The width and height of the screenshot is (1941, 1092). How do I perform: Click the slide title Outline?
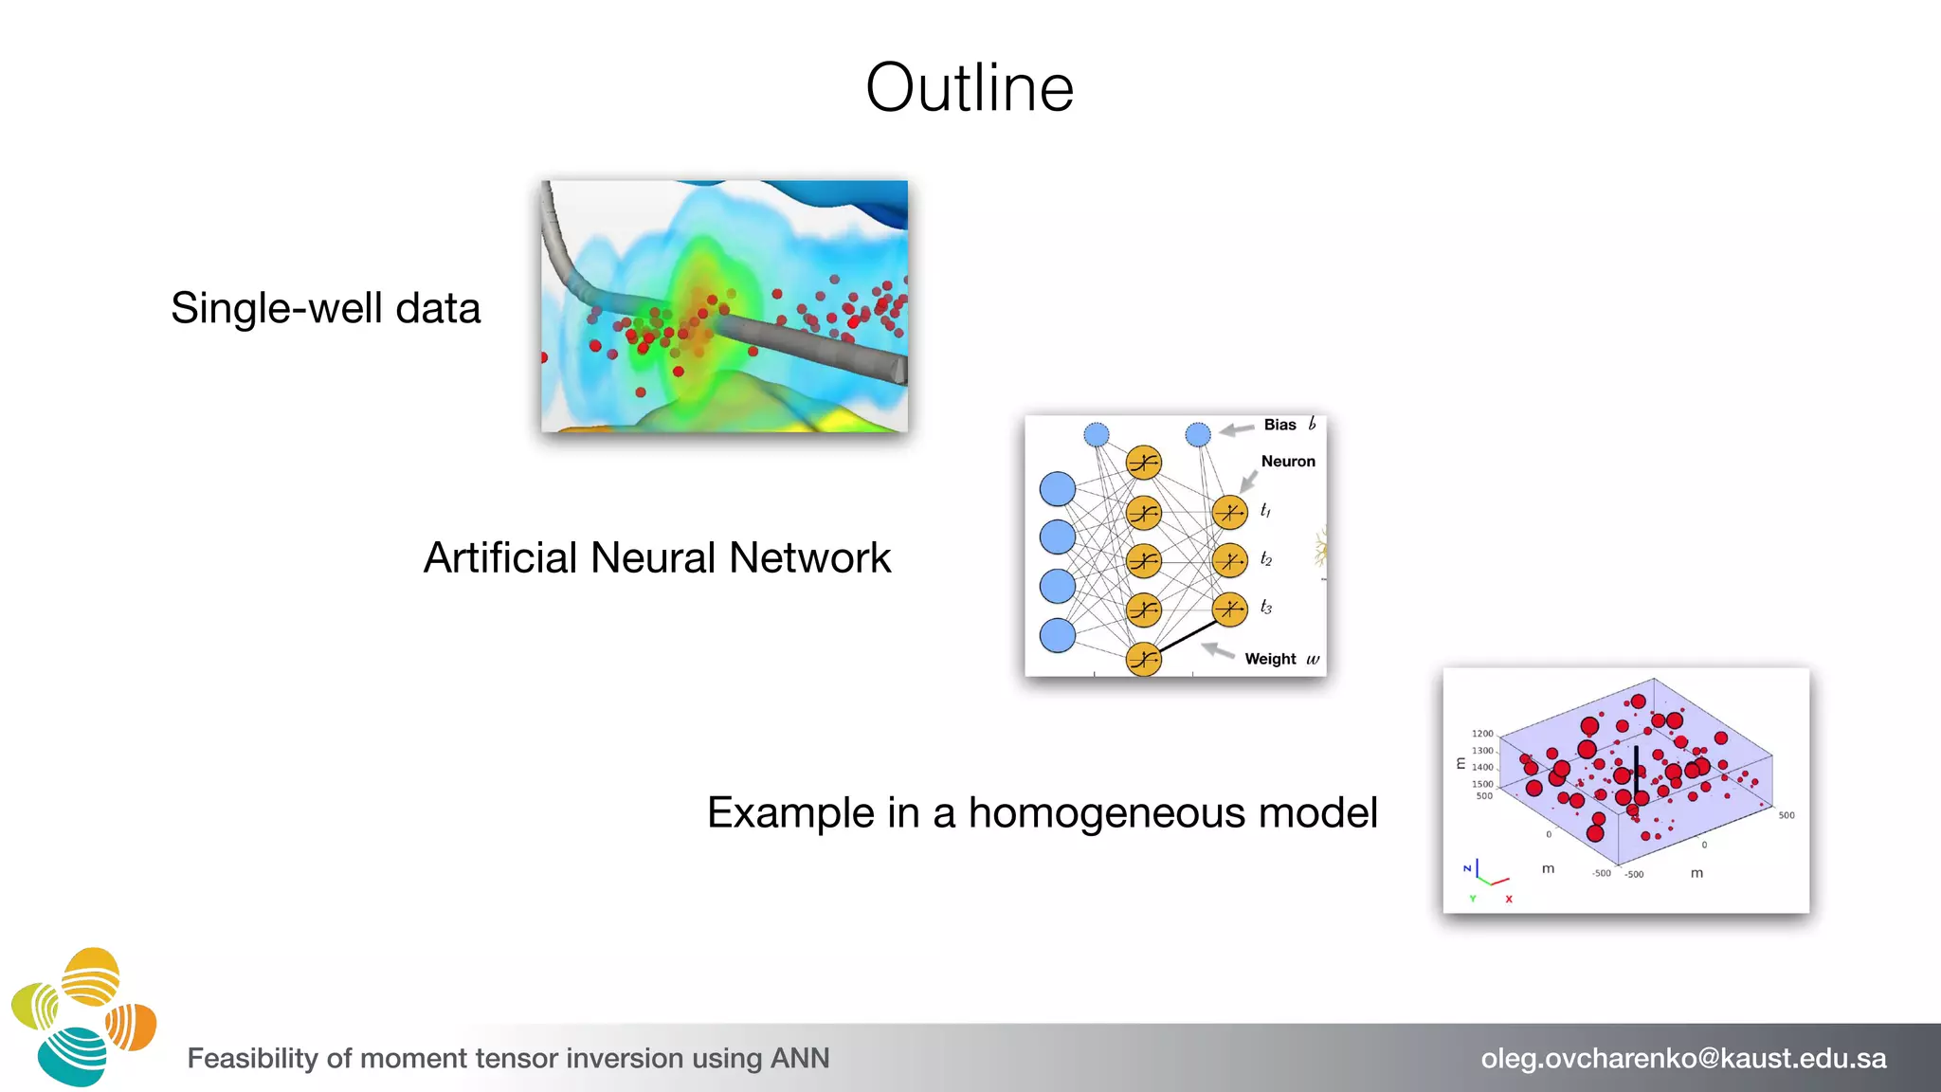970,88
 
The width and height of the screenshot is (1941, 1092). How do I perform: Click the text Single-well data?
325,308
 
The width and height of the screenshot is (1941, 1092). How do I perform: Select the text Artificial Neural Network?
657,557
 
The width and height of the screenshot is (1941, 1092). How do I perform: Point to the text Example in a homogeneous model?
1042,812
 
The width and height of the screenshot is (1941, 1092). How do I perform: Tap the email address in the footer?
1683,1058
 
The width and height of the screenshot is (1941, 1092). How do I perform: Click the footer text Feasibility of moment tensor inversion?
508,1058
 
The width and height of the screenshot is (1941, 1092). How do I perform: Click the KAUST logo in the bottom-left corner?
83,1016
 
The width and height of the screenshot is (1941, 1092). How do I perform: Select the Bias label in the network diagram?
1279,425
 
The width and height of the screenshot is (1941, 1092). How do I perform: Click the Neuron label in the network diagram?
1288,462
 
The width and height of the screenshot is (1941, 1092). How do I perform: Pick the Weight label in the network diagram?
1270,659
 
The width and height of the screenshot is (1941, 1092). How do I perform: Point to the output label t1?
1265,511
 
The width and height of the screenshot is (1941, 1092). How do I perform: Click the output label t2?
1266,559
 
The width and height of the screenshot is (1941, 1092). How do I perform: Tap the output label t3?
1266,608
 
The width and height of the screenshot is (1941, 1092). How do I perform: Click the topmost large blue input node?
1058,489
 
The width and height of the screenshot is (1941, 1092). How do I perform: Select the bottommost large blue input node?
1058,635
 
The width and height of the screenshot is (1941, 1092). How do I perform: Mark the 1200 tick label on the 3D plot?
1482,734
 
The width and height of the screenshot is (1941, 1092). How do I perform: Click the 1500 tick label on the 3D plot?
1482,784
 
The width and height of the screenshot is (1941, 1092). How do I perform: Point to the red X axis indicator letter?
1509,899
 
